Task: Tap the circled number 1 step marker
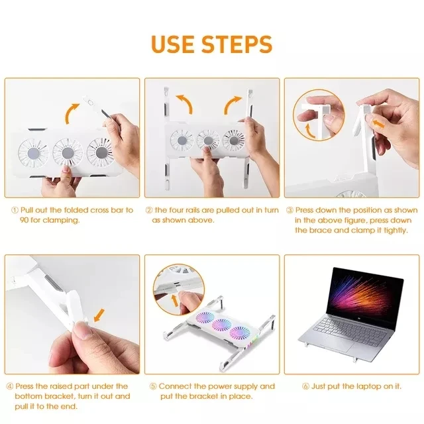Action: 14,210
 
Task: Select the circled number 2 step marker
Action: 149,210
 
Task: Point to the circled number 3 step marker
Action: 290,210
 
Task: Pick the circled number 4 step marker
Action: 10,386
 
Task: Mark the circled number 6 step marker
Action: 305,386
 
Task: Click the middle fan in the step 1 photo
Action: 64,152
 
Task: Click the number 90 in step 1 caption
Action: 25,220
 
